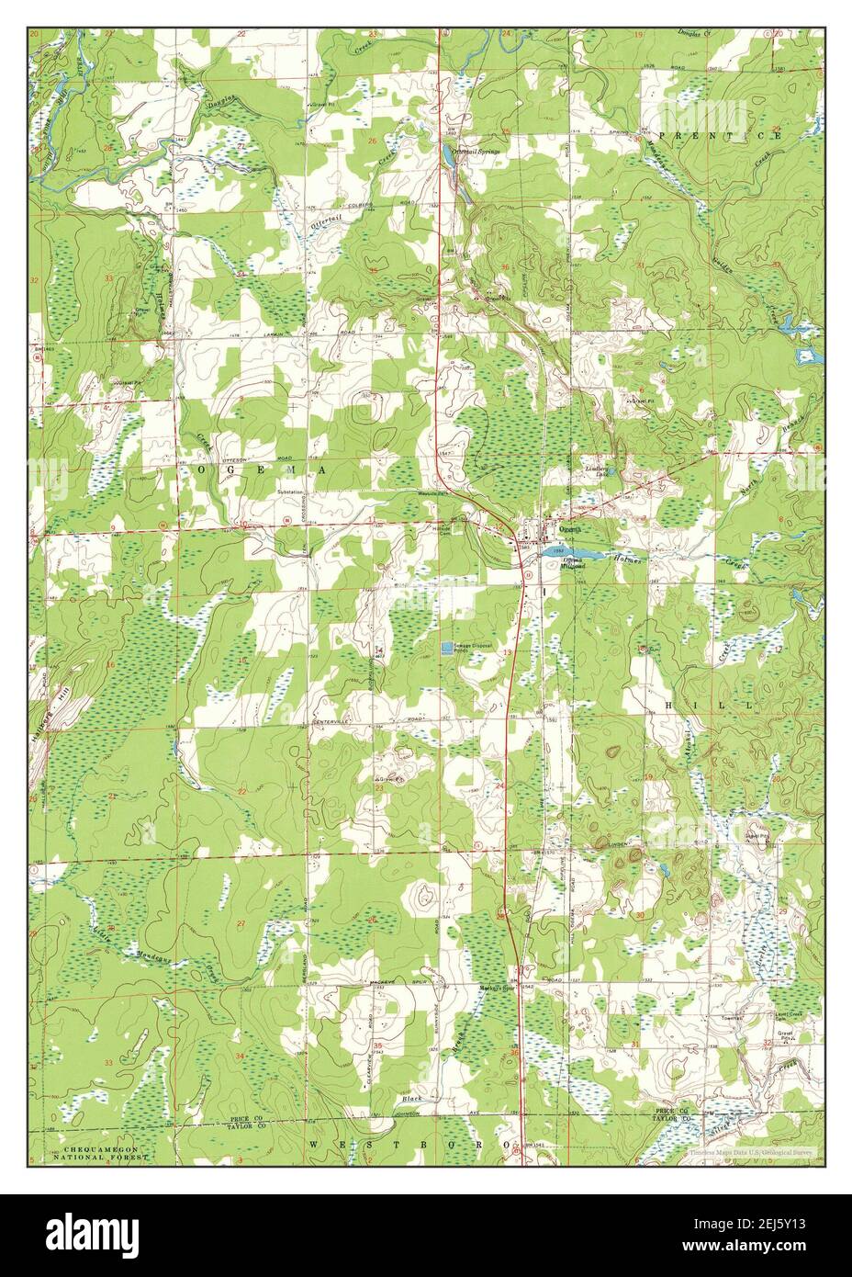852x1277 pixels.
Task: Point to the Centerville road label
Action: (331, 723)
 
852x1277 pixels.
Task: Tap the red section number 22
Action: (241, 791)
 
